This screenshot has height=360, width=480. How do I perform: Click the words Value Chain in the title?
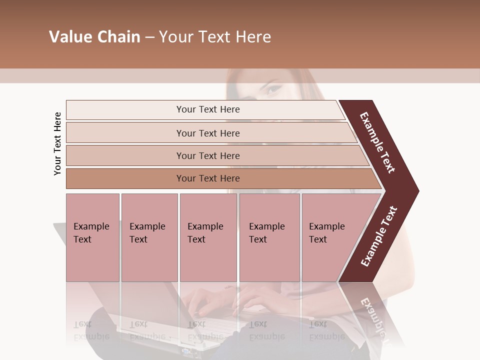point(94,37)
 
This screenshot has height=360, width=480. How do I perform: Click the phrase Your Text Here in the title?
point(215,37)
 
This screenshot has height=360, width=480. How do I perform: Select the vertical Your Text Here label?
point(57,143)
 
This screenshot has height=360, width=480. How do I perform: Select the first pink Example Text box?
point(92,237)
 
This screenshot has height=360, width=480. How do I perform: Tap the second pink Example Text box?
point(149,237)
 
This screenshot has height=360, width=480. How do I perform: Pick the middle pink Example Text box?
point(208,237)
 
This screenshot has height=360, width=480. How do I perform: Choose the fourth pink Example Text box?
point(269,237)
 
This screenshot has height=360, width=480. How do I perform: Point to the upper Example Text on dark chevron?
point(377,142)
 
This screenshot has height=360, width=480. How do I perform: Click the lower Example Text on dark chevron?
point(379,236)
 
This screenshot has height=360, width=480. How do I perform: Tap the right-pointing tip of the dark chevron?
point(416,191)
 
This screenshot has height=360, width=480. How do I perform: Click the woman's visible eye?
point(274,90)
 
